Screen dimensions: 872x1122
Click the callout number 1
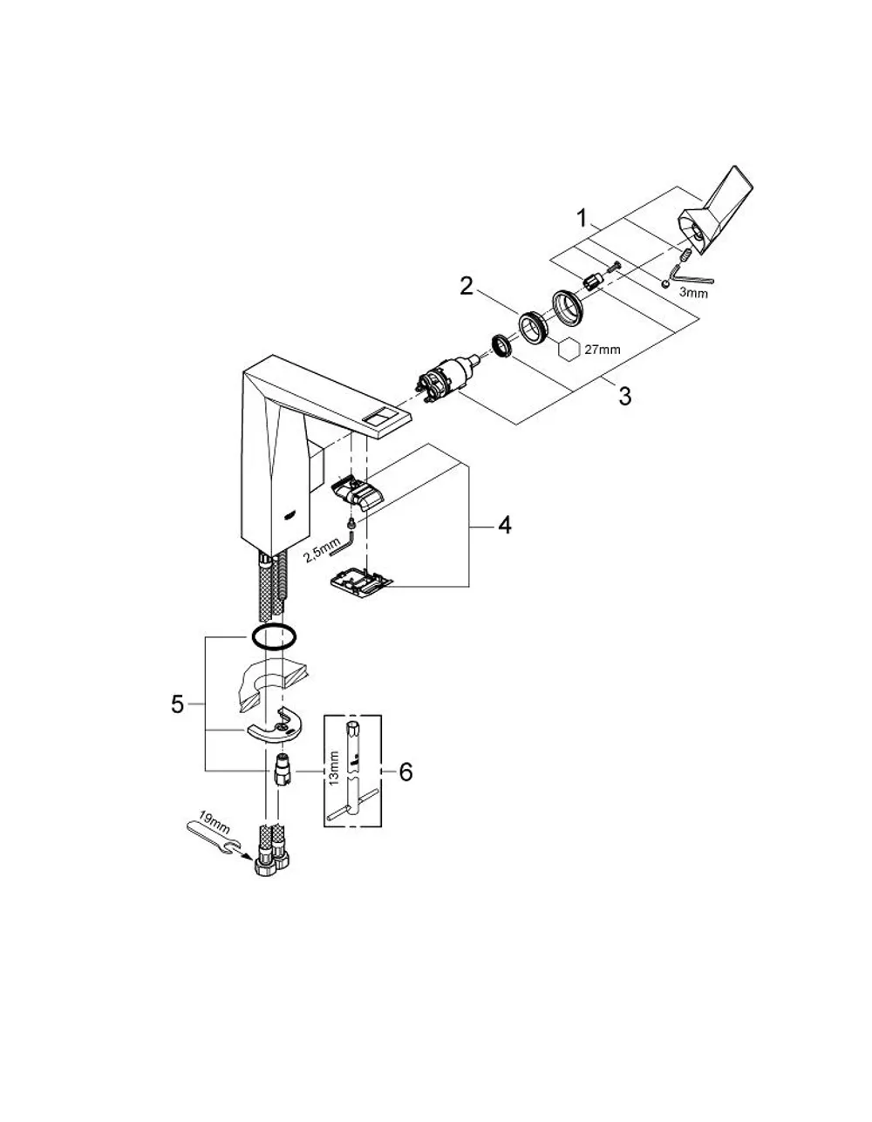point(582,219)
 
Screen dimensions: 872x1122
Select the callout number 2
point(467,286)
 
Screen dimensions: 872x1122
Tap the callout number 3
point(624,396)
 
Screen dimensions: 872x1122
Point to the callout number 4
point(504,526)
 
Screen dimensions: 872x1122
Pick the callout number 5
point(177,704)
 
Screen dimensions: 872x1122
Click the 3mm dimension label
point(693,293)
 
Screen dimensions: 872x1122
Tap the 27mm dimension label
point(602,350)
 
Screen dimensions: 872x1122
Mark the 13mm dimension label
point(334,768)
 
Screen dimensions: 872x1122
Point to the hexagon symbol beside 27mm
point(569,350)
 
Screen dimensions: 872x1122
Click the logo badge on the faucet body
point(290,514)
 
